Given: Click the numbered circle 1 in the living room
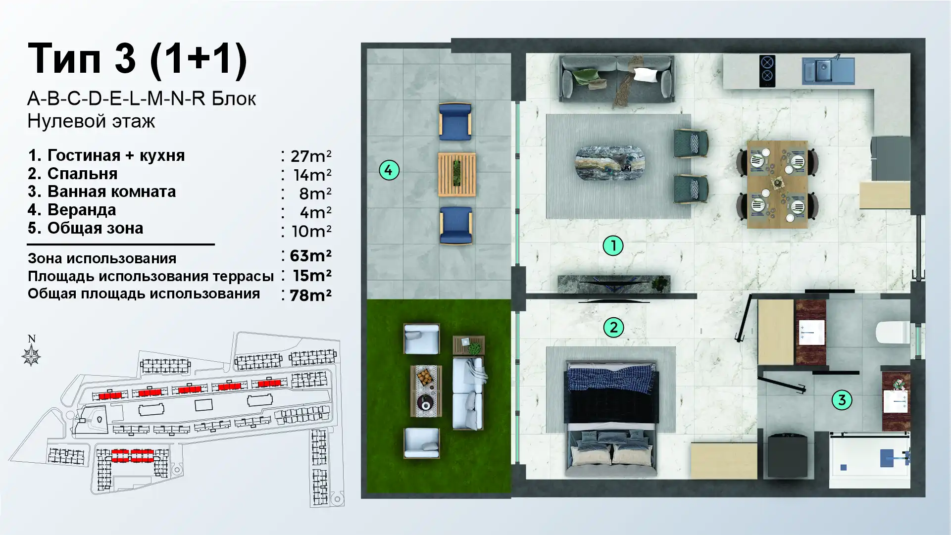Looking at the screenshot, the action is point(613,245).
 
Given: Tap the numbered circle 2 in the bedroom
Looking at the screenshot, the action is point(613,327).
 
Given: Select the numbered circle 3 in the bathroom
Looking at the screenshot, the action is point(842,400).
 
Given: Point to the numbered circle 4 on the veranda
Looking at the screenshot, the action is point(389,170).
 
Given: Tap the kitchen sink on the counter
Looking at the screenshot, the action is point(828,70).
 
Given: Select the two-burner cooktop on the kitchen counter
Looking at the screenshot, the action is point(767,71).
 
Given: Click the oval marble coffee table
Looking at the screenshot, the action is point(610,163).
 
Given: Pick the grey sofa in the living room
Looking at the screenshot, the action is point(616,79).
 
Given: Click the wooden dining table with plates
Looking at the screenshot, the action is point(777,184).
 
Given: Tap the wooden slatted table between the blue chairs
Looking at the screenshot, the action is point(457,174).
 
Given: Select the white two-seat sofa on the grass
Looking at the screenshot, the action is point(468,393).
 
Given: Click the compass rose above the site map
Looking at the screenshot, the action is point(31,356).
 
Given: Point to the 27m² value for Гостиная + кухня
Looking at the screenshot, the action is point(311,156).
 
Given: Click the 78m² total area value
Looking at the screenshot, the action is point(310,295).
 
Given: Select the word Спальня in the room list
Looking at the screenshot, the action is point(83,174).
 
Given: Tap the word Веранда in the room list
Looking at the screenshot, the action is point(82,210).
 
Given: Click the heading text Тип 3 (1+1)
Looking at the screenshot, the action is point(137,59).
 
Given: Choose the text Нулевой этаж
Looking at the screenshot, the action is point(91,121).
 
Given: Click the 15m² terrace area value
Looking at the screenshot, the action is point(312,275).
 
